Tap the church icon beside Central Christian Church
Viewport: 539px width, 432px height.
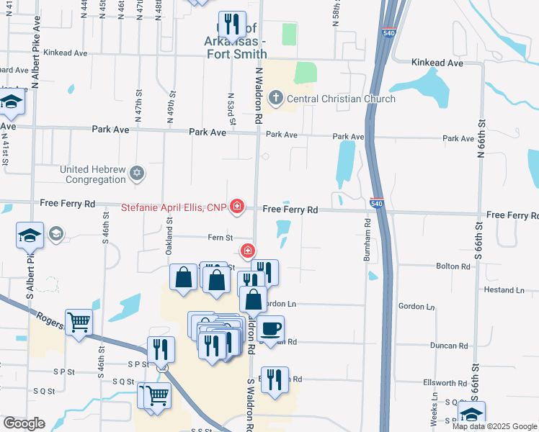click(x=275, y=98)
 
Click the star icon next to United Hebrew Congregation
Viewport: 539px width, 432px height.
click(x=137, y=174)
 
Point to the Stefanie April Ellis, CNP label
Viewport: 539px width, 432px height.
click(x=172, y=208)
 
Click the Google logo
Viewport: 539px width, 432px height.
click(x=24, y=423)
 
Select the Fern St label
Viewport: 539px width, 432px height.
click(x=220, y=237)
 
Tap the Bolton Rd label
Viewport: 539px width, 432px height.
click(x=453, y=266)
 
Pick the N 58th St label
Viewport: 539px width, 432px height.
click(x=336, y=13)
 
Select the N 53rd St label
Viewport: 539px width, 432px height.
click(x=231, y=107)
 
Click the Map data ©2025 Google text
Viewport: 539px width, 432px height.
click(x=494, y=426)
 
